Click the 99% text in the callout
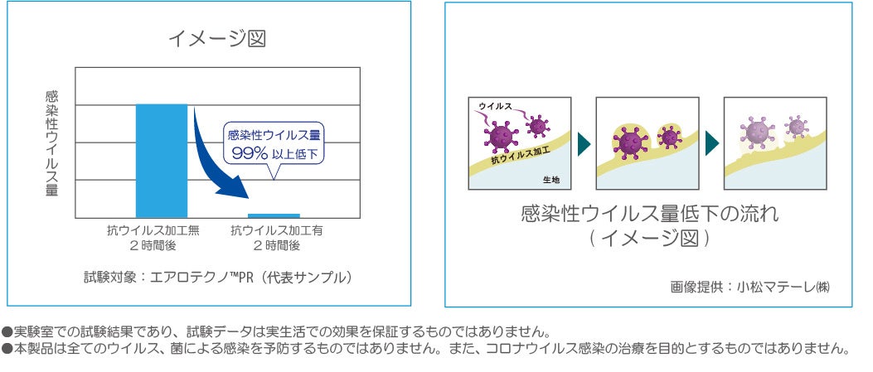[x=249, y=153]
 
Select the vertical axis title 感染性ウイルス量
[x=51, y=143]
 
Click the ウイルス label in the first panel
[x=495, y=106]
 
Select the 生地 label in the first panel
[x=550, y=180]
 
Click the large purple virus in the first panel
[x=502, y=135]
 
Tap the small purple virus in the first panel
[x=538, y=126]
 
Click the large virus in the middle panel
[x=630, y=142]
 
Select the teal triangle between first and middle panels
[x=584, y=143]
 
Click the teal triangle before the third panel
[x=711, y=143]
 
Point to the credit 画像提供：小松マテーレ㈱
[x=749, y=287]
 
